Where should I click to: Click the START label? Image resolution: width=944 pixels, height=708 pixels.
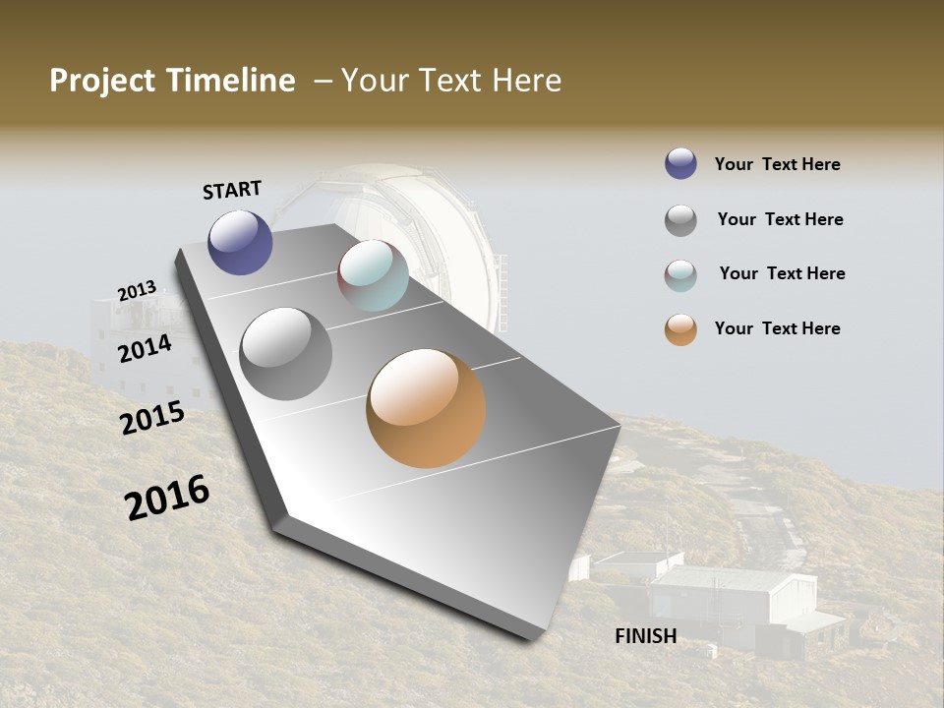pyautogui.click(x=232, y=190)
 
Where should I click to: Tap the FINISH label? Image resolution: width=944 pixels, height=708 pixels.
pyautogui.click(x=645, y=636)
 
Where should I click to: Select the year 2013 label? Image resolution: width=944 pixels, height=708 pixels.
pyautogui.click(x=137, y=291)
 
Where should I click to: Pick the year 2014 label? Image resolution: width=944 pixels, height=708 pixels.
pyautogui.click(x=145, y=348)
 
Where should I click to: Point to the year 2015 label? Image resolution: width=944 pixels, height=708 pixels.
pyautogui.click(x=152, y=419)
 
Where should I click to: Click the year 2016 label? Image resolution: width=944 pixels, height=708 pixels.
pyautogui.click(x=167, y=498)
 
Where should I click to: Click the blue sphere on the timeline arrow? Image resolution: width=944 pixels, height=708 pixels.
pyautogui.click(x=240, y=242)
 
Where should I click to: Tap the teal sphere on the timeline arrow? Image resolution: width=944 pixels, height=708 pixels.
pyautogui.click(x=373, y=275)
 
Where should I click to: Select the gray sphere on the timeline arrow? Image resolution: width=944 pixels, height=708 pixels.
pyautogui.click(x=285, y=354)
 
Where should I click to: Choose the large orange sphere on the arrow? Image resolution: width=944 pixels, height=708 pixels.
pyautogui.click(x=426, y=408)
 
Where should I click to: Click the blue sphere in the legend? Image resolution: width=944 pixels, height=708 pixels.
pyautogui.click(x=680, y=164)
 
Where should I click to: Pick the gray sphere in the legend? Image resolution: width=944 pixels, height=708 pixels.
pyautogui.click(x=680, y=220)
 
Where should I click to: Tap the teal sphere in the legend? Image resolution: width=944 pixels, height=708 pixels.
pyautogui.click(x=680, y=275)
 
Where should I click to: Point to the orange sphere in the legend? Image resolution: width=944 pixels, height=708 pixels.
pyautogui.click(x=680, y=330)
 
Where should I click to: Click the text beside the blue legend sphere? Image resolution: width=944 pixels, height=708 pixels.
pyautogui.click(x=777, y=165)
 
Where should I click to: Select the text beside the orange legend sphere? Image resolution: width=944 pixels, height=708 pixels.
pyautogui.click(x=777, y=328)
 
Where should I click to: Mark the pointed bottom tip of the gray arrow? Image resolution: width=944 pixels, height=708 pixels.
pyautogui.click(x=536, y=637)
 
